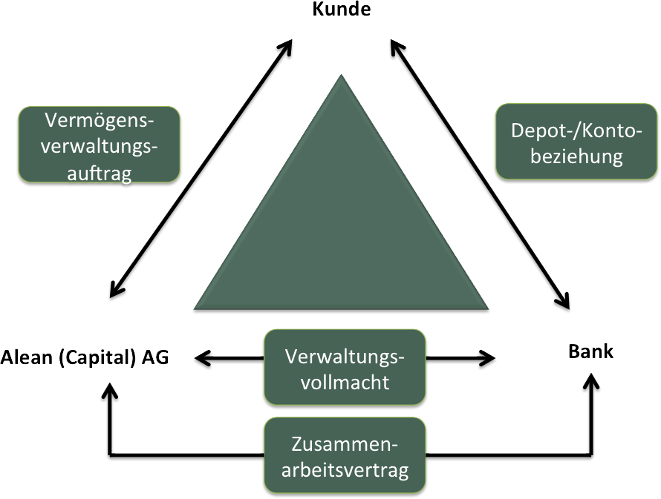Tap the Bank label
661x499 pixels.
click(x=590, y=351)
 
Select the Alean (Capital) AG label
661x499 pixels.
click(x=85, y=357)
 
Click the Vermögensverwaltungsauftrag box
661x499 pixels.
click(x=99, y=146)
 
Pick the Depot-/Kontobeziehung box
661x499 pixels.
click(x=576, y=142)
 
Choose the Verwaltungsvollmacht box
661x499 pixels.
click(x=345, y=369)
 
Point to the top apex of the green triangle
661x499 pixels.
click(x=342, y=79)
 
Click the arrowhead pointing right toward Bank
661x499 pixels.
click(x=488, y=359)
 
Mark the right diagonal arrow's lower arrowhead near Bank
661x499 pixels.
click(x=564, y=302)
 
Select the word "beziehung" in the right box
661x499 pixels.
click(x=576, y=156)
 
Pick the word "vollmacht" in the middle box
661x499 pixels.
click(x=345, y=383)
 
